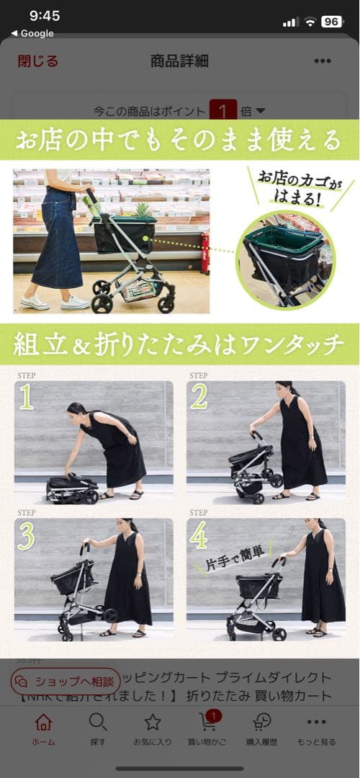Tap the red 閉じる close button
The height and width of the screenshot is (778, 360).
38,61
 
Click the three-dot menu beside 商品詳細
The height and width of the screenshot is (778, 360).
323,61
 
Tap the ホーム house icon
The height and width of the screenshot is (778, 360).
43,723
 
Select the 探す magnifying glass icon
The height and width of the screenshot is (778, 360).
98,723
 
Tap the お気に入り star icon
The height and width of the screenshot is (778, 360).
153,723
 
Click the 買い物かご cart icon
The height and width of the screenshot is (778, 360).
207,723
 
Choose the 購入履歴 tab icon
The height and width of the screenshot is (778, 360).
262,723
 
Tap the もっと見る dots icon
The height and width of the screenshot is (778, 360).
316,723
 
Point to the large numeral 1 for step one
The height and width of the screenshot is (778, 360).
26,397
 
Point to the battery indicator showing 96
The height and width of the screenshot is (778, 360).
331,22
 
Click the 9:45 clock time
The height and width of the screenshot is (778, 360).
45,16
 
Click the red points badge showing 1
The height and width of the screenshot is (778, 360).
223,112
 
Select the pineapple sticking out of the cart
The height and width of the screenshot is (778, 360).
142,210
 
